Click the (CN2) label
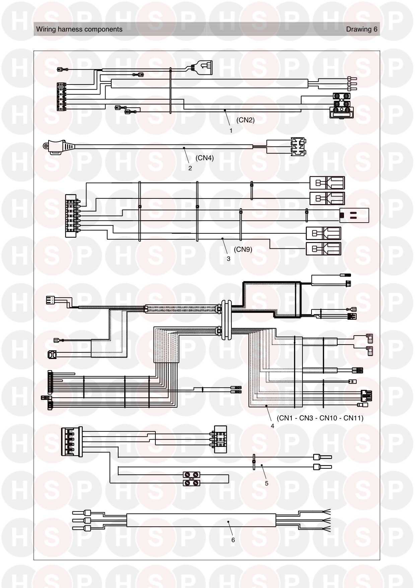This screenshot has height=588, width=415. (246, 120)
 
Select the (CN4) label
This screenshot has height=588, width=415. (204, 158)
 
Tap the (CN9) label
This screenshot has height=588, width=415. (243, 249)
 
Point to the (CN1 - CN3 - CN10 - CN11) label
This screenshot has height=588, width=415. (320, 418)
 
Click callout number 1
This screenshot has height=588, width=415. (231, 131)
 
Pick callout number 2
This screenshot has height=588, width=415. (190, 168)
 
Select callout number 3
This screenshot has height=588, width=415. (228, 259)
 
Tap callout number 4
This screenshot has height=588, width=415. (272, 426)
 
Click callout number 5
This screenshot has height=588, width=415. (267, 483)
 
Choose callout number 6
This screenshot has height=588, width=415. (233, 540)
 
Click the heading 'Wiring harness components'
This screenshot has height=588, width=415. (79, 29)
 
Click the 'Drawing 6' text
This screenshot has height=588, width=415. (362, 29)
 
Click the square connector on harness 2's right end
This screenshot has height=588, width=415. (298, 146)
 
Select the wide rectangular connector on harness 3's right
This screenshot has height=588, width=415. (354, 215)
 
